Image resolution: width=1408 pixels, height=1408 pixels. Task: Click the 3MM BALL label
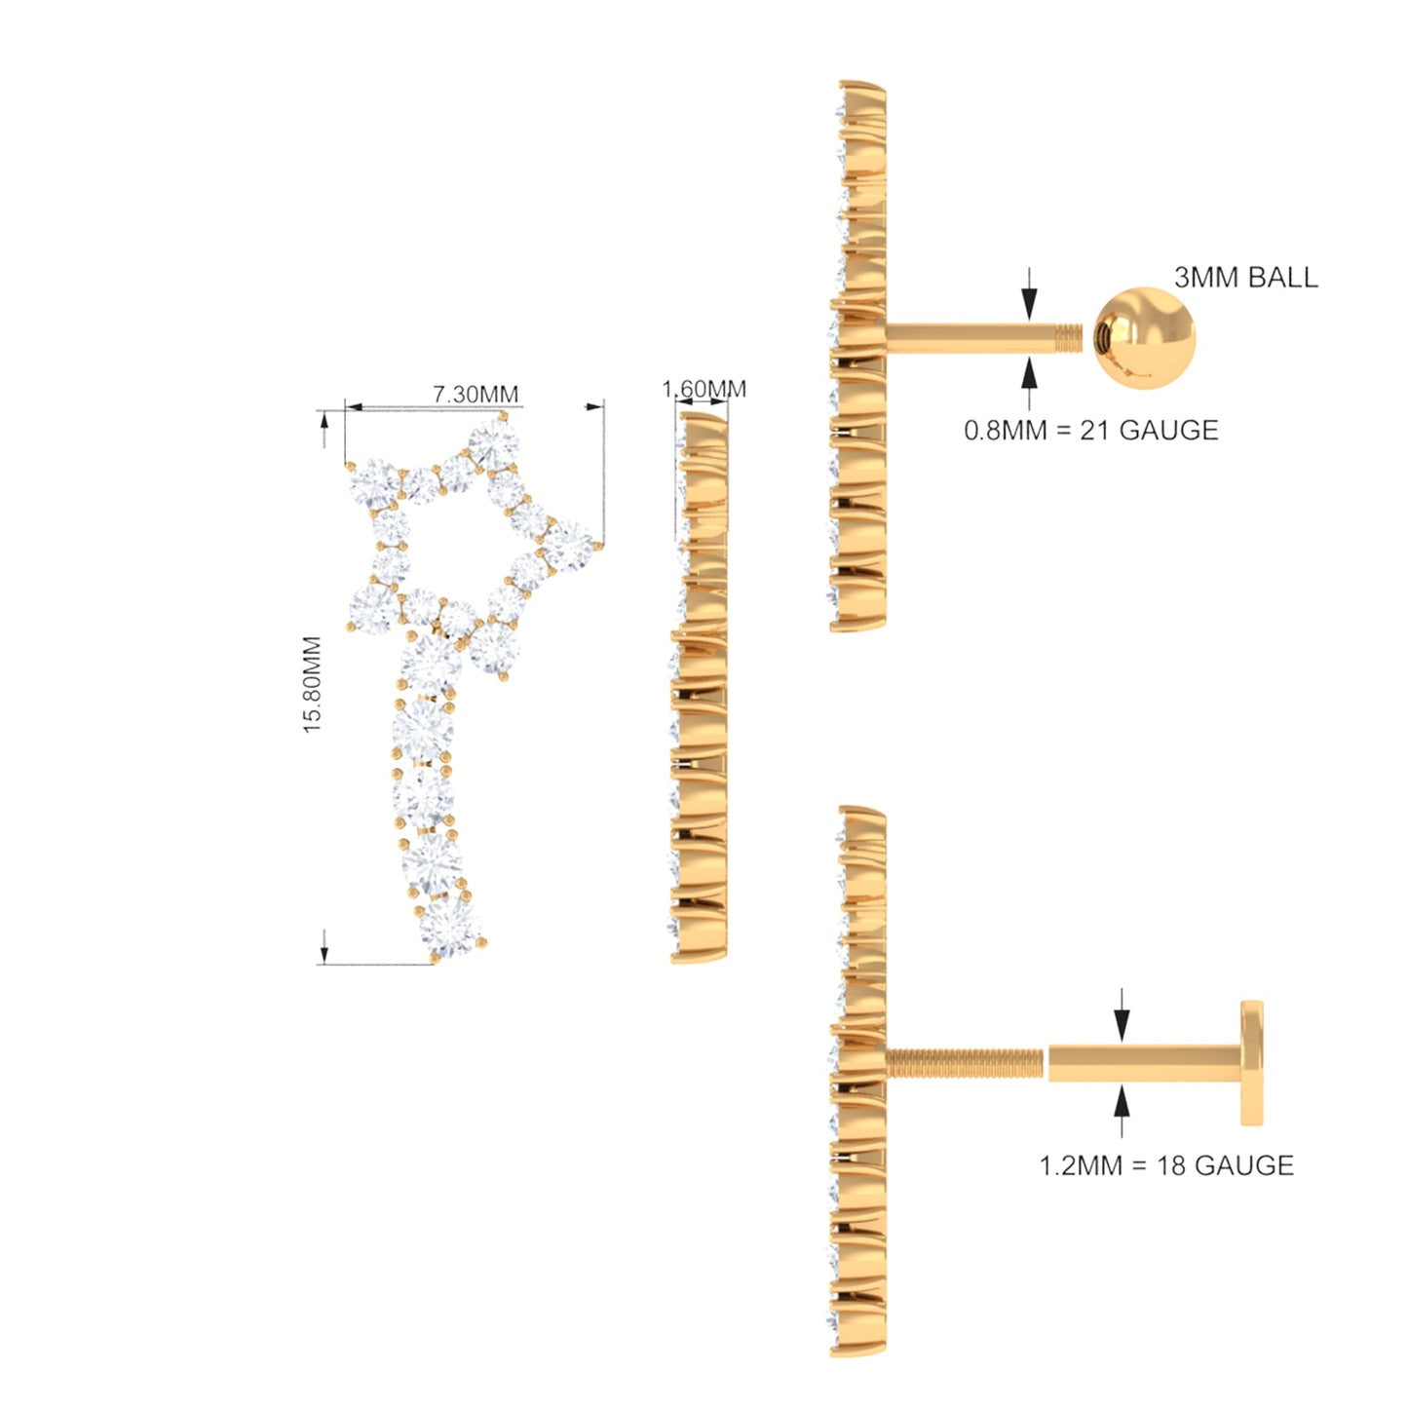point(1246,278)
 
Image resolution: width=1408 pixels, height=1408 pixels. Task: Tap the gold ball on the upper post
point(1144,337)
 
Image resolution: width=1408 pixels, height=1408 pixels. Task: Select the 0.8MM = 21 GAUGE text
point(1091,430)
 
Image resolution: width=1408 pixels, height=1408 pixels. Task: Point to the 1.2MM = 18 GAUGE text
point(1167,1164)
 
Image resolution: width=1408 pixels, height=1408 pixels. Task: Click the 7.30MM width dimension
point(476,394)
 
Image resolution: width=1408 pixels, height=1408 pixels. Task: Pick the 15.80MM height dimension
point(313,685)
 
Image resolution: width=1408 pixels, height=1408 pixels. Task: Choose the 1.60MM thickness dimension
point(704,389)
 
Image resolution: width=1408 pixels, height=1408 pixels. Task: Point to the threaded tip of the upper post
point(1070,337)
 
